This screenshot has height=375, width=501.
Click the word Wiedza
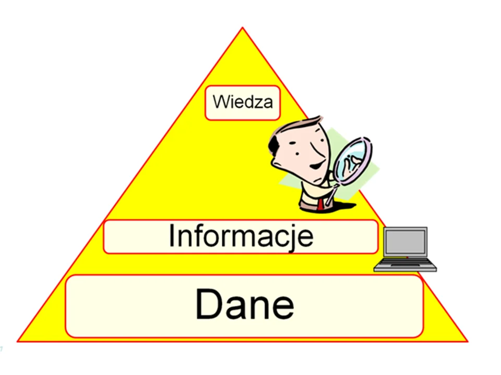243,102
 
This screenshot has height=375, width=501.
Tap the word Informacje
241,236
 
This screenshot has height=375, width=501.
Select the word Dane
244,304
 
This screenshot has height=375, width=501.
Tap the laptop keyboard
405,264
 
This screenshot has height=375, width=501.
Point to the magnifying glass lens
353,160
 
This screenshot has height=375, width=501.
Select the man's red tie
320,204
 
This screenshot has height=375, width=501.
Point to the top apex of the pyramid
243,28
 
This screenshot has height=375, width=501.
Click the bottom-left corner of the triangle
18,341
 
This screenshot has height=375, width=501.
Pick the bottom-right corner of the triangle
468,341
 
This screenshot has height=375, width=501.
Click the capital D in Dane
209,304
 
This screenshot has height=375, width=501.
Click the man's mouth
317,166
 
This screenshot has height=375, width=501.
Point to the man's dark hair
273,145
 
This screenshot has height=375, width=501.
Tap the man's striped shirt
310,198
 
